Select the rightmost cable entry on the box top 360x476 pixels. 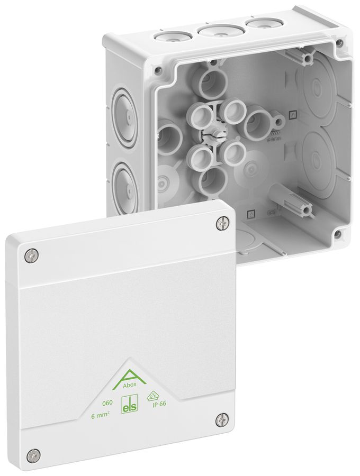click(x=253, y=24)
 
